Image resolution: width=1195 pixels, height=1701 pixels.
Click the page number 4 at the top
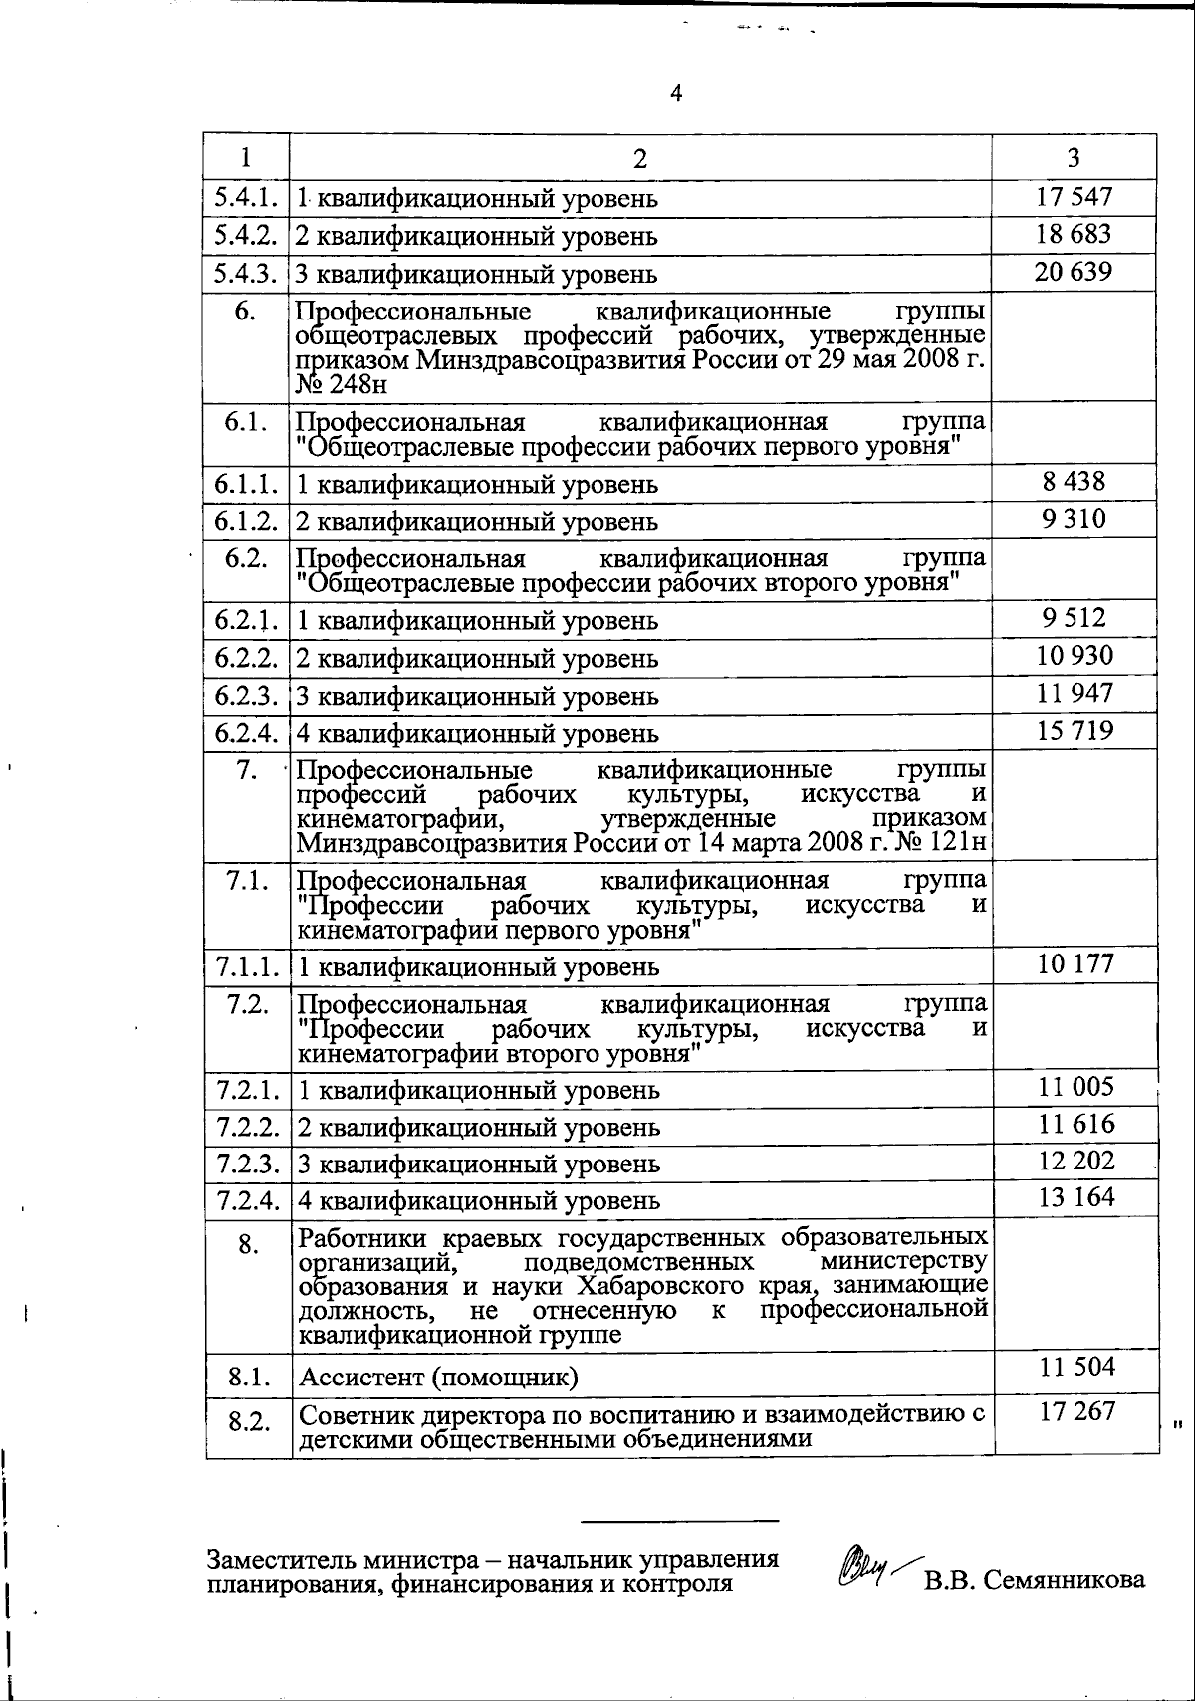click(x=677, y=94)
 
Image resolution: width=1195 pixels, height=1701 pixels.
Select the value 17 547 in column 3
click(x=1074, y=197)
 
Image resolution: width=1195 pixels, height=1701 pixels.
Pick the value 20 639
click(x=1074, y=272)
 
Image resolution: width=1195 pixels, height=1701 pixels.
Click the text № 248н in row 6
click(x=342, y=384)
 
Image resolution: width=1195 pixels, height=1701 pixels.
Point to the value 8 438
click(x=1074, y=482)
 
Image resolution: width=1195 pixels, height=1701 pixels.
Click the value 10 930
click(x=1075, y=656)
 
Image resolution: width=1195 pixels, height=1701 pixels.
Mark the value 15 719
click(x=1075, y=732)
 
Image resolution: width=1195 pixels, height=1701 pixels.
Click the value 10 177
click(x=1075, y=963)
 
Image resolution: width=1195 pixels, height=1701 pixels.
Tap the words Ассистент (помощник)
click(x=438, y=1378)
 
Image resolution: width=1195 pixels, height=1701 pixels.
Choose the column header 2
click(x=639, y=158)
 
